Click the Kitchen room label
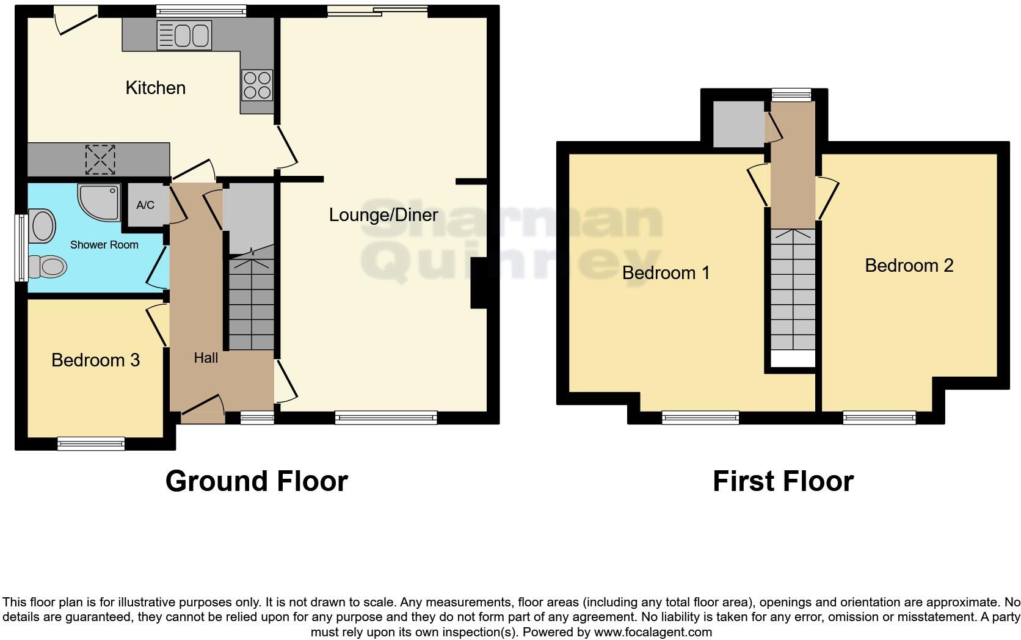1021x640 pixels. pyautogui.click(x=155, y=88)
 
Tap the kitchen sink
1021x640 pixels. pyautogui.click(x=184, y=35)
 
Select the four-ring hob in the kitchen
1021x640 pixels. pyautogui.click(x=257, y=85)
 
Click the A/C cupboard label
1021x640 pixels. pyautogui.click(x=145, y=205)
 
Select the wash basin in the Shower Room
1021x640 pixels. pyautogui.click(x=42, y=227)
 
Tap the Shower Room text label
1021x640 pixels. pyautogui.click(x=104, y=245)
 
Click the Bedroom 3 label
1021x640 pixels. pyautogui.click(x=95, y=360)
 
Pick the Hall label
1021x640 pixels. pyautogui.click(x=206, y=358)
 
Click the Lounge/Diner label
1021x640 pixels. pyautogui.click(x=383, y=215)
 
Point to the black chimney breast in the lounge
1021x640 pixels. pyautogui.click(x=478, y=283)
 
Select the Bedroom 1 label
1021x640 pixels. pyautogui.click(x=666, y=273)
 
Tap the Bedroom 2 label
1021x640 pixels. pyautogui.click(x=909, y=266)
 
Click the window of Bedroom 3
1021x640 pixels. pyautogui.click(x=91, y=443)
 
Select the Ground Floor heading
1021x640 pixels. pyautogui.click(x=256, y=481)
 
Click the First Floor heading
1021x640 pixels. pyautogui.click(x=783, y=481)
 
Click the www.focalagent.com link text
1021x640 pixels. pyautogui.click(x=653, y=632)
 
